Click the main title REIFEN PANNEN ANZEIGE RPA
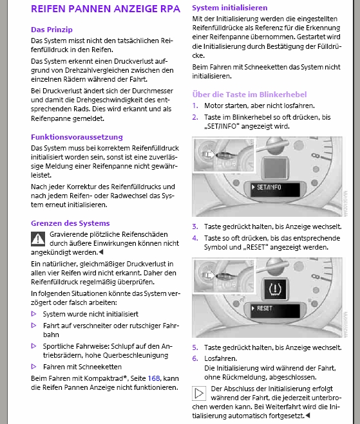coord(106,9)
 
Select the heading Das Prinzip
coord(52,30)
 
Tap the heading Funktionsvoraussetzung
coord(77,137)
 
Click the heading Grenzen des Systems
coord(70,223)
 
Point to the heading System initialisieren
coord(230,8)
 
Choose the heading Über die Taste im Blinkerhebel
coord(249,95)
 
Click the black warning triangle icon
coord(38,239)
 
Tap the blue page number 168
coord(154,378)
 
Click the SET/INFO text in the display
coord(269,187)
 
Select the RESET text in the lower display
coord(265,308)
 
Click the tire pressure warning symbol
coord(275,289)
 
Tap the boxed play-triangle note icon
coord(199,393)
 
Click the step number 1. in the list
coord(195,106)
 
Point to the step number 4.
coord(195,238)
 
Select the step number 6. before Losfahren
coord(195,358)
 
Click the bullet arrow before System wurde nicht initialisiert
coord(34,314)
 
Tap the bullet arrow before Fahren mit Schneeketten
coord(34,366)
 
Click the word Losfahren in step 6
coord(221,358)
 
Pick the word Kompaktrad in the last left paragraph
coord(105,378)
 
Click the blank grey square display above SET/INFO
coord(275,168)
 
